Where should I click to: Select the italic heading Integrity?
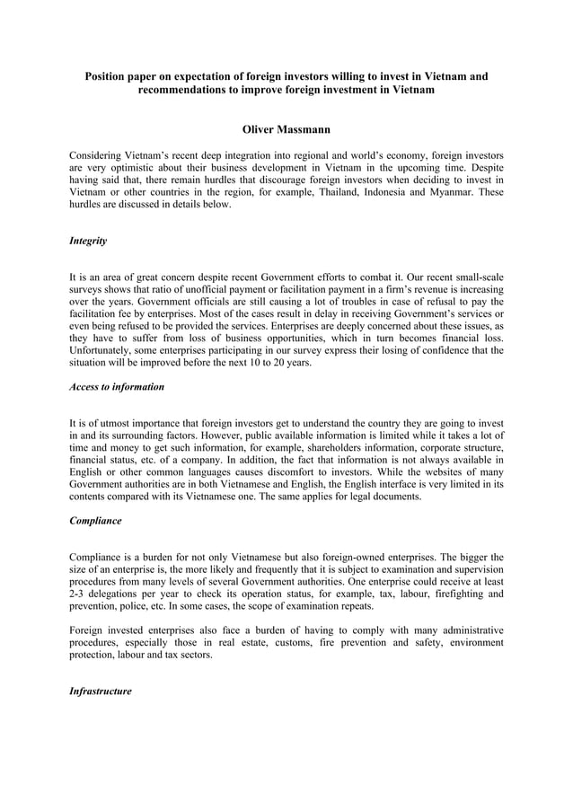88,241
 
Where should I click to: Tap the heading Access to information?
117,386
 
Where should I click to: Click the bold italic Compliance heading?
95,520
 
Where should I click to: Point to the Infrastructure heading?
100,691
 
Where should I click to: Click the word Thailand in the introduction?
339,192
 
